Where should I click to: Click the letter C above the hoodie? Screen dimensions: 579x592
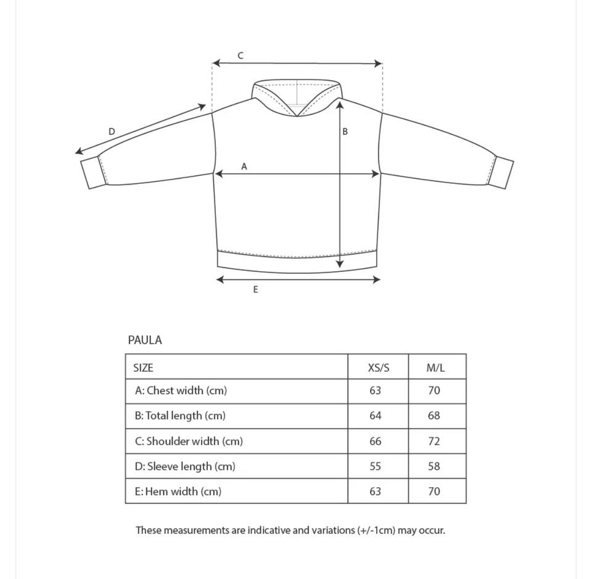tap(240, 55)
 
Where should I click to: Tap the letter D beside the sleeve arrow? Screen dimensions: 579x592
tap(112, 131)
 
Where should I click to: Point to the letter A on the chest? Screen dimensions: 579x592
tap(244, 166)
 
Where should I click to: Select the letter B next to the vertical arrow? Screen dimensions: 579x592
tap(345, 131)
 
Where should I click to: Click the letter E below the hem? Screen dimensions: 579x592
tap(255, 289)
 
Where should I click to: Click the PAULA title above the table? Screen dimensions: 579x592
tap(145, 340)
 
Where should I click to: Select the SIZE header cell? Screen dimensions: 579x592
tap(143, 368)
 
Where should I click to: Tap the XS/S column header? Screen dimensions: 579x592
tap(378, 368)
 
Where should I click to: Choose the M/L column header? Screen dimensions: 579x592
tap(435, 368)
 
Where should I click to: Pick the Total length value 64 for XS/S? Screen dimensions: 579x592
tap(376, 416)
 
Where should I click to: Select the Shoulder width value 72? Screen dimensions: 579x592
tap(434, 441)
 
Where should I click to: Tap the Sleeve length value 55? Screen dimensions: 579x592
tap(376, 466)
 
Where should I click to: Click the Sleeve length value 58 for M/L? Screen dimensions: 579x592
tap(434, 466)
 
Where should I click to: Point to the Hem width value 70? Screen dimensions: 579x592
tap(434, 491)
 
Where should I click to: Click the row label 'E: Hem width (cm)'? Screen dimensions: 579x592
tap(178, 491)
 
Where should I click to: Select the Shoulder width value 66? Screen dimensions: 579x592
tap(376, 441)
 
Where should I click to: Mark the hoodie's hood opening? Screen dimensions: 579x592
tap(297, 96)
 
